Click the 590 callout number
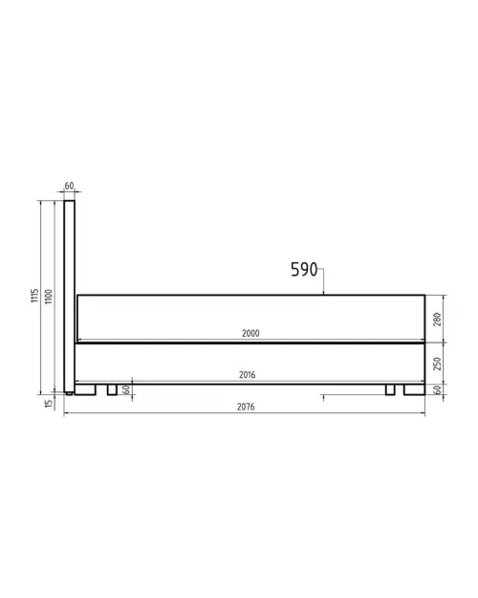tap(304, 270)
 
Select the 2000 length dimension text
tap(250, 333)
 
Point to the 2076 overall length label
tap(245, 407)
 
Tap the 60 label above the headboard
tap(70, 186)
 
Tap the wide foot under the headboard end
tap(86, 389)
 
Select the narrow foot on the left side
tap(112, 389)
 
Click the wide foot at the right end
tap(414, 389)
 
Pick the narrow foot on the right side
tap(389, 389)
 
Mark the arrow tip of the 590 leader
tap(325, 294)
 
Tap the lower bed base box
tap(250, 362)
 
